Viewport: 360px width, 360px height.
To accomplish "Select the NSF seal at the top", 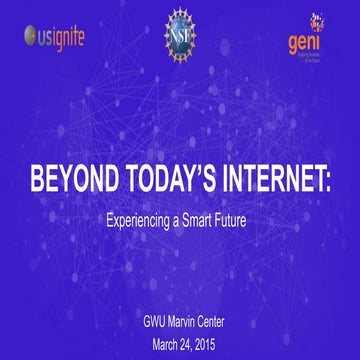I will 181,32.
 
